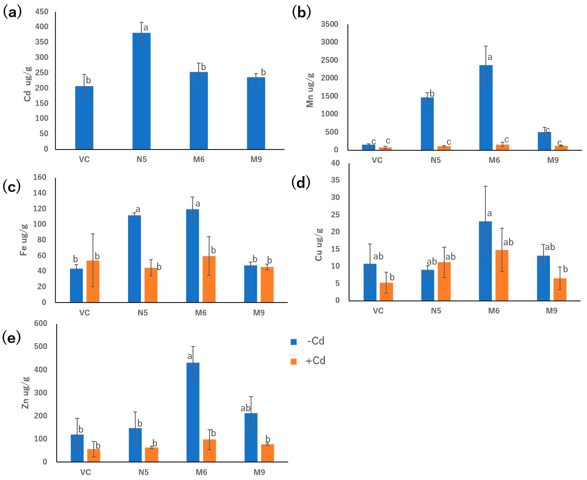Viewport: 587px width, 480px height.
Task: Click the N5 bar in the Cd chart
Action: coord(141,91)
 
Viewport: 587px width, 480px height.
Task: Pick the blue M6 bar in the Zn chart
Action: coord(193,412)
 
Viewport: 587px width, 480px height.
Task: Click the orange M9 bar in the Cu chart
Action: coord(560,290)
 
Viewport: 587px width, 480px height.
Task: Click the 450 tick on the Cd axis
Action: coord(42,12)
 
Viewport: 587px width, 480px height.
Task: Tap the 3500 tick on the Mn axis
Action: coord(330,24)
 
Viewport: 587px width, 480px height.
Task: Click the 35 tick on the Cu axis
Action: coord(335,180)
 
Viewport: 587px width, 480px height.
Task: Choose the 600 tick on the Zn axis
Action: coord(40,323)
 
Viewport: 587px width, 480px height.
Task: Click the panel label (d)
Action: coord(301,183)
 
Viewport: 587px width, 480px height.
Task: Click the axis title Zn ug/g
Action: coord(25,393)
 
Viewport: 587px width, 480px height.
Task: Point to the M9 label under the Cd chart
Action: coord(256,160)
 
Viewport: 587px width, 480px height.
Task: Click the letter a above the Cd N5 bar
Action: coord(146,28)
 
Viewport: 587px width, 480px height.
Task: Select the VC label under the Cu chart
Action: coord(378,311)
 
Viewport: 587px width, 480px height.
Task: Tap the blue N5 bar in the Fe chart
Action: coord(134,258)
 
